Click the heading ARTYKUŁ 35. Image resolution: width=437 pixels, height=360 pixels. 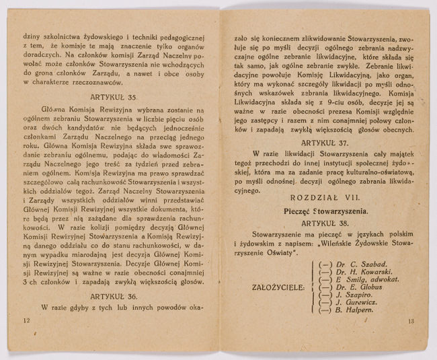(x=112, y=96)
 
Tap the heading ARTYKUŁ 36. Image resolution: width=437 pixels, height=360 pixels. (x=112, y=295)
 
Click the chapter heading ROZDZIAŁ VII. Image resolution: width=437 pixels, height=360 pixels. (x=325, y=199)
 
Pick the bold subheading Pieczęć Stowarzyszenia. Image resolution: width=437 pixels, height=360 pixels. (x=325, y=211)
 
